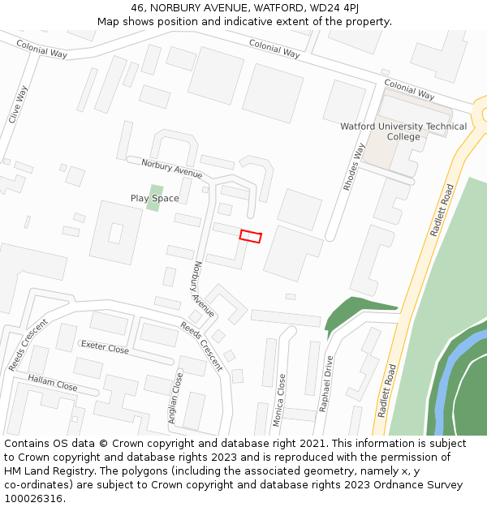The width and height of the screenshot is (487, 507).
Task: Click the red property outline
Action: tap(251, 236)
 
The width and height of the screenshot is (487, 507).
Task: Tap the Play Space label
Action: tap(154, 198)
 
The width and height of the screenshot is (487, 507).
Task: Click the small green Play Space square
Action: tap(154, 198)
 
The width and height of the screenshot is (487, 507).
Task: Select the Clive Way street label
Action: tap(18, 105)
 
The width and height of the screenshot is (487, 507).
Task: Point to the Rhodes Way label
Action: tap(354, 167)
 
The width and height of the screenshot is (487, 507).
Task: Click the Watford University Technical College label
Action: tap(403, 131)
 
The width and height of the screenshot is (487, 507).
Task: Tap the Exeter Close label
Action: tap(105, 348)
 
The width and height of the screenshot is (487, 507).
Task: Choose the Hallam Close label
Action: tap(53, 383)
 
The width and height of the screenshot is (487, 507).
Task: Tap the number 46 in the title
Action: tap(136, 7)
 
